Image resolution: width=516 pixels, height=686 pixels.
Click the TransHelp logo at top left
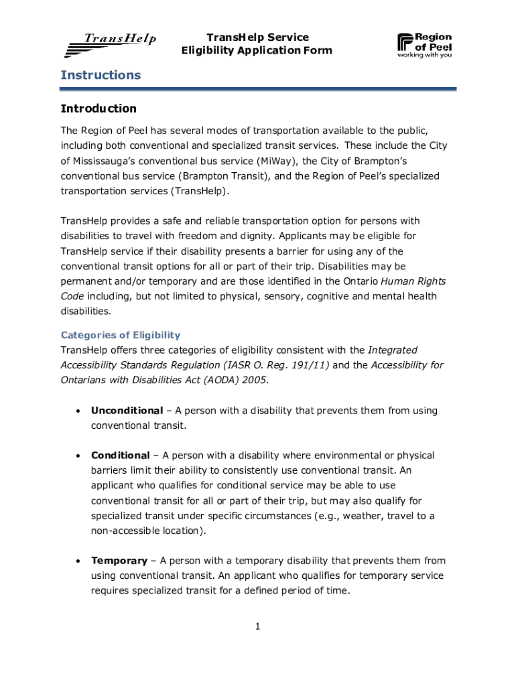point(111,44)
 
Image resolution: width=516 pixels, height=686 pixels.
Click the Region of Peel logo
point(425,46)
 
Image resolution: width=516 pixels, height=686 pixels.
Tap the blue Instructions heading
point(101,75)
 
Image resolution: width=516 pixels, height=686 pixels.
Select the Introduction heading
point(99,109)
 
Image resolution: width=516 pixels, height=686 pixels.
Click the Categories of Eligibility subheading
point(121,335)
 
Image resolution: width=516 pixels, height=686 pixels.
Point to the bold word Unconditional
point(127,411)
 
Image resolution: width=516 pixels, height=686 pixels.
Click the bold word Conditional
point(121,456)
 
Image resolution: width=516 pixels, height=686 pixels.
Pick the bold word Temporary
point(119,561)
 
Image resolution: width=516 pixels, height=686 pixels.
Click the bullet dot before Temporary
point(79,561)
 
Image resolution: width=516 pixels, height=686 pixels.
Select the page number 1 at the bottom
point(257,626)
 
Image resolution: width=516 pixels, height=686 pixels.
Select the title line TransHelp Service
point(257,38)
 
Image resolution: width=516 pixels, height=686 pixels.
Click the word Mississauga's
point(108,161)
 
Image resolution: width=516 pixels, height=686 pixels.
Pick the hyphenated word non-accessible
point(125,531)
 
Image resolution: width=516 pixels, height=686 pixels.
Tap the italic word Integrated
point(393,350)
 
